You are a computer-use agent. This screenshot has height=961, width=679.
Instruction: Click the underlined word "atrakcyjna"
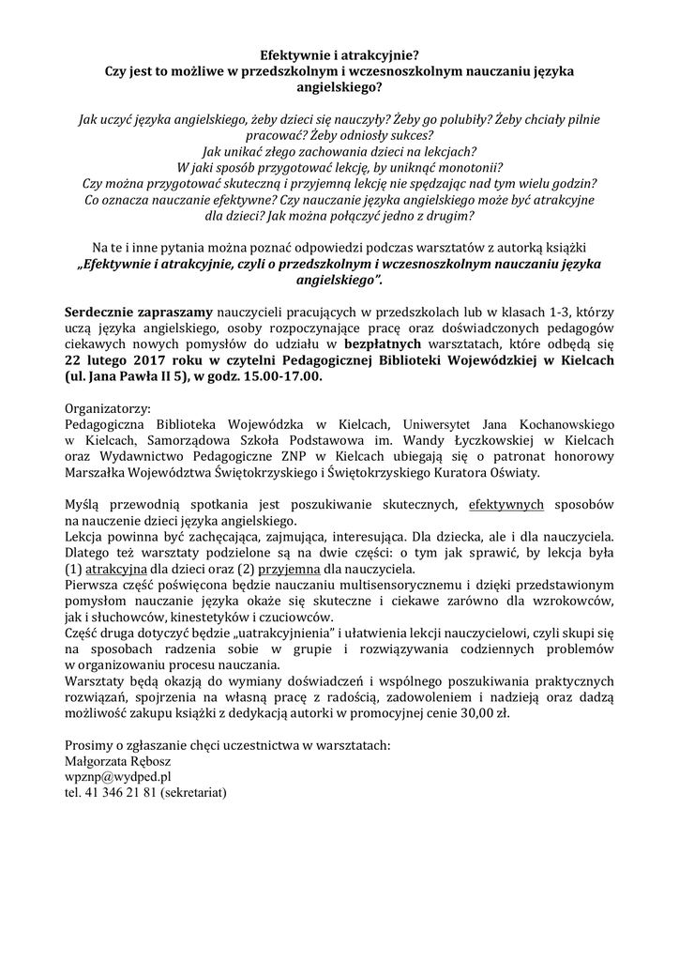point(117,569)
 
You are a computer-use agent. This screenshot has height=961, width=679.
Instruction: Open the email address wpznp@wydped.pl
point(117,776)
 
